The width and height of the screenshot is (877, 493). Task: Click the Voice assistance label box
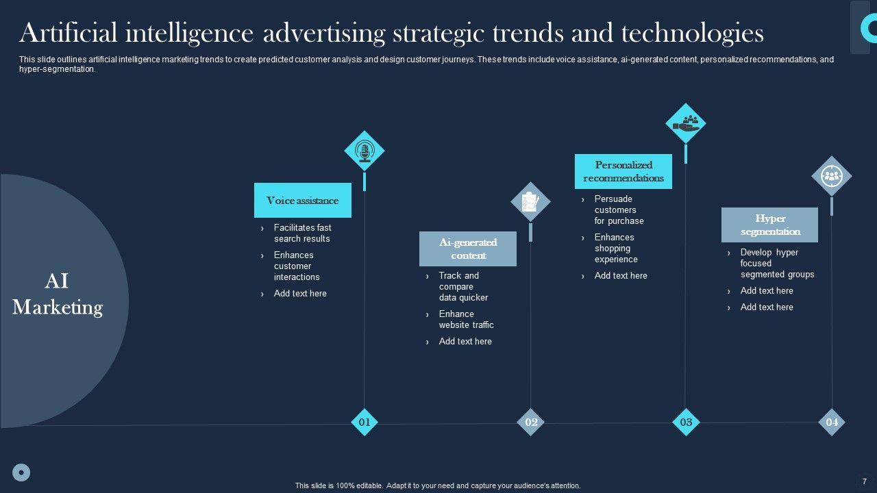click(x=302, y=201)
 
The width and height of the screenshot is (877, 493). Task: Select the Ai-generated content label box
click(x=468, y=249)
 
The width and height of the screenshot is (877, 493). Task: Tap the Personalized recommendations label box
click(x=623, y=171)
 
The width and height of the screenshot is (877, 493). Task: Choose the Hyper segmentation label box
click(x=769, y=225)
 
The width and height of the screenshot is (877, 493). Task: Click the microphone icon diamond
click(x=365, y=151)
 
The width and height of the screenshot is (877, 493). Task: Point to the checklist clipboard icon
click(x=530, y=202)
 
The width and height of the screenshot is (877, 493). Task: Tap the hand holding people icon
click(x=686, y=123)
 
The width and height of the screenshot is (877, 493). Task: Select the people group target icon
click(x=832, y=176)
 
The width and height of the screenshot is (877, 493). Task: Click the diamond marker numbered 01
click(x=365, y=422)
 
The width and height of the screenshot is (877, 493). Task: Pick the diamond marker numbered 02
click(x=531, y=422)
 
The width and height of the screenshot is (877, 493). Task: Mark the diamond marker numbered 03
click(x=686, y=422)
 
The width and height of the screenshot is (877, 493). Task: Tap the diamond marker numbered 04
click(x=832, y=422)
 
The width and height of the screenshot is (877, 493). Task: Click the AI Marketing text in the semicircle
click(x=58, y=294)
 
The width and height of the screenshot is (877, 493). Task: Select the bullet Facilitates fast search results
click(x=302, y=233)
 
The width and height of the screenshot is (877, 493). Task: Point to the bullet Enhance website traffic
click(x=466, y=319)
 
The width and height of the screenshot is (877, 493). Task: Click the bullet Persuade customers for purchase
click(x=619, y=210)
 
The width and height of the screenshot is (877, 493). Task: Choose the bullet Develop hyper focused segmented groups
click(x=777, y=263)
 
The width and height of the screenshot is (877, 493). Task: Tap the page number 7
click(x=865, y=481)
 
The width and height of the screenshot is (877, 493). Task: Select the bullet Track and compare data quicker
click(x=463, y=286)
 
